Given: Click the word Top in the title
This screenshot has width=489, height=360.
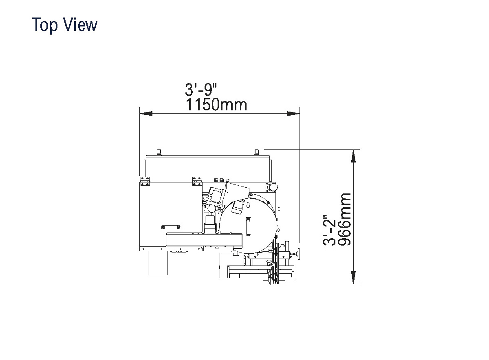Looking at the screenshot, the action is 45,25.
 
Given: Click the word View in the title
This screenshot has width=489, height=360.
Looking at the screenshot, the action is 80,25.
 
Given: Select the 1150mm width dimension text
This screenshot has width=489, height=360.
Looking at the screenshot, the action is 216,105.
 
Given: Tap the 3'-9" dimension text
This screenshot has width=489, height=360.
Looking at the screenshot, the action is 201,90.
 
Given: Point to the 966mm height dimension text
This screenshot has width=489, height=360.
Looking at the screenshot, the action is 344,219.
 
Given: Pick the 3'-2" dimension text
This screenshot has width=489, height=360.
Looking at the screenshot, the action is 329,230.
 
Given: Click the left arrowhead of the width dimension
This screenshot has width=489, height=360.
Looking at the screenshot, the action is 146,114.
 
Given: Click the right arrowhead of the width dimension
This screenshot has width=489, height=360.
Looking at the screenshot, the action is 293,114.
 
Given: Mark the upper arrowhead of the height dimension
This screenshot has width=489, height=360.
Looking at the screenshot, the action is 353,156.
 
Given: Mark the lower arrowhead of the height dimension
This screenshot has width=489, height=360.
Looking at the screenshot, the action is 353,277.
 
